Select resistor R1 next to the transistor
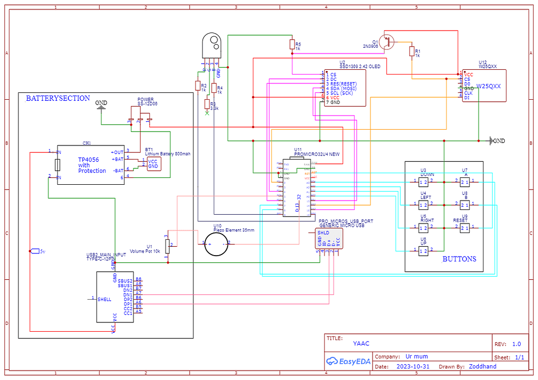[411, 51]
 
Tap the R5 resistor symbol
[292, 45]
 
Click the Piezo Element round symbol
[215, 243]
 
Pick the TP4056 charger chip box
[91, 164]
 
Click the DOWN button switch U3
[423, 182]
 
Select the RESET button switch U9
[464, 228]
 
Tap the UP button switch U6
[423, 251]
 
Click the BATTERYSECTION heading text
[58, 98]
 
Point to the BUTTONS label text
[459, 259]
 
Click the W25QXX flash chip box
[484, 86]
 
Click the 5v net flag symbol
[35, 251]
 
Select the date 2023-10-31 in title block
[413, 366]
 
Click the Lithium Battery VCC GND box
[153, 164]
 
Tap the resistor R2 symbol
[198, 86]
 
